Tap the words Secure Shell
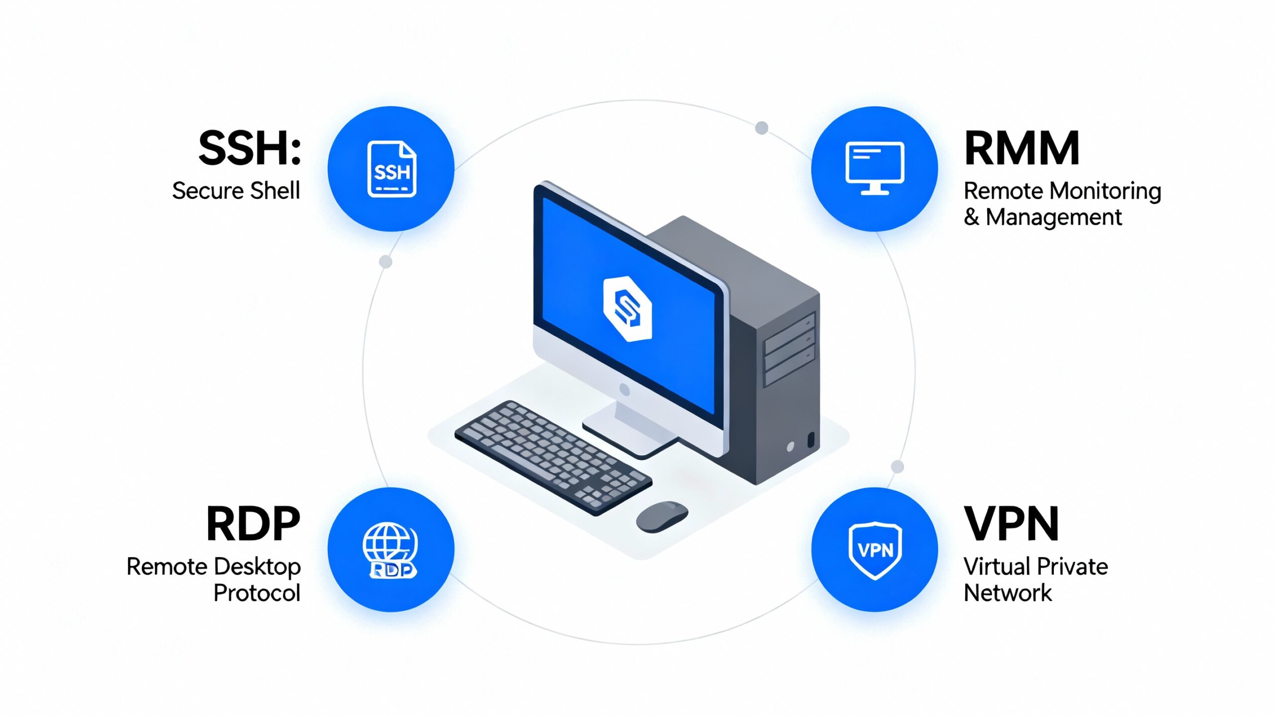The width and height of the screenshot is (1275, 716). pos(236,191)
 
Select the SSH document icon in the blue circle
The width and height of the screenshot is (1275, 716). pos(391,169)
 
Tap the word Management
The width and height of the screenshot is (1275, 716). pos(1053,217)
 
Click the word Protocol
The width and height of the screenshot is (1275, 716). pos(257,593)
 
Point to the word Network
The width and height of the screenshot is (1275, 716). pos(1008,593)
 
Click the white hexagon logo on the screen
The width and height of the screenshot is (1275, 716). pos(627,309)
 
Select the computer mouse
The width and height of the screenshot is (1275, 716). pos(662,516)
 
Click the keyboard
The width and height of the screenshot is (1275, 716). pos(553,456)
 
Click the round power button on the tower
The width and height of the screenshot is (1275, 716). pos(790,447)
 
